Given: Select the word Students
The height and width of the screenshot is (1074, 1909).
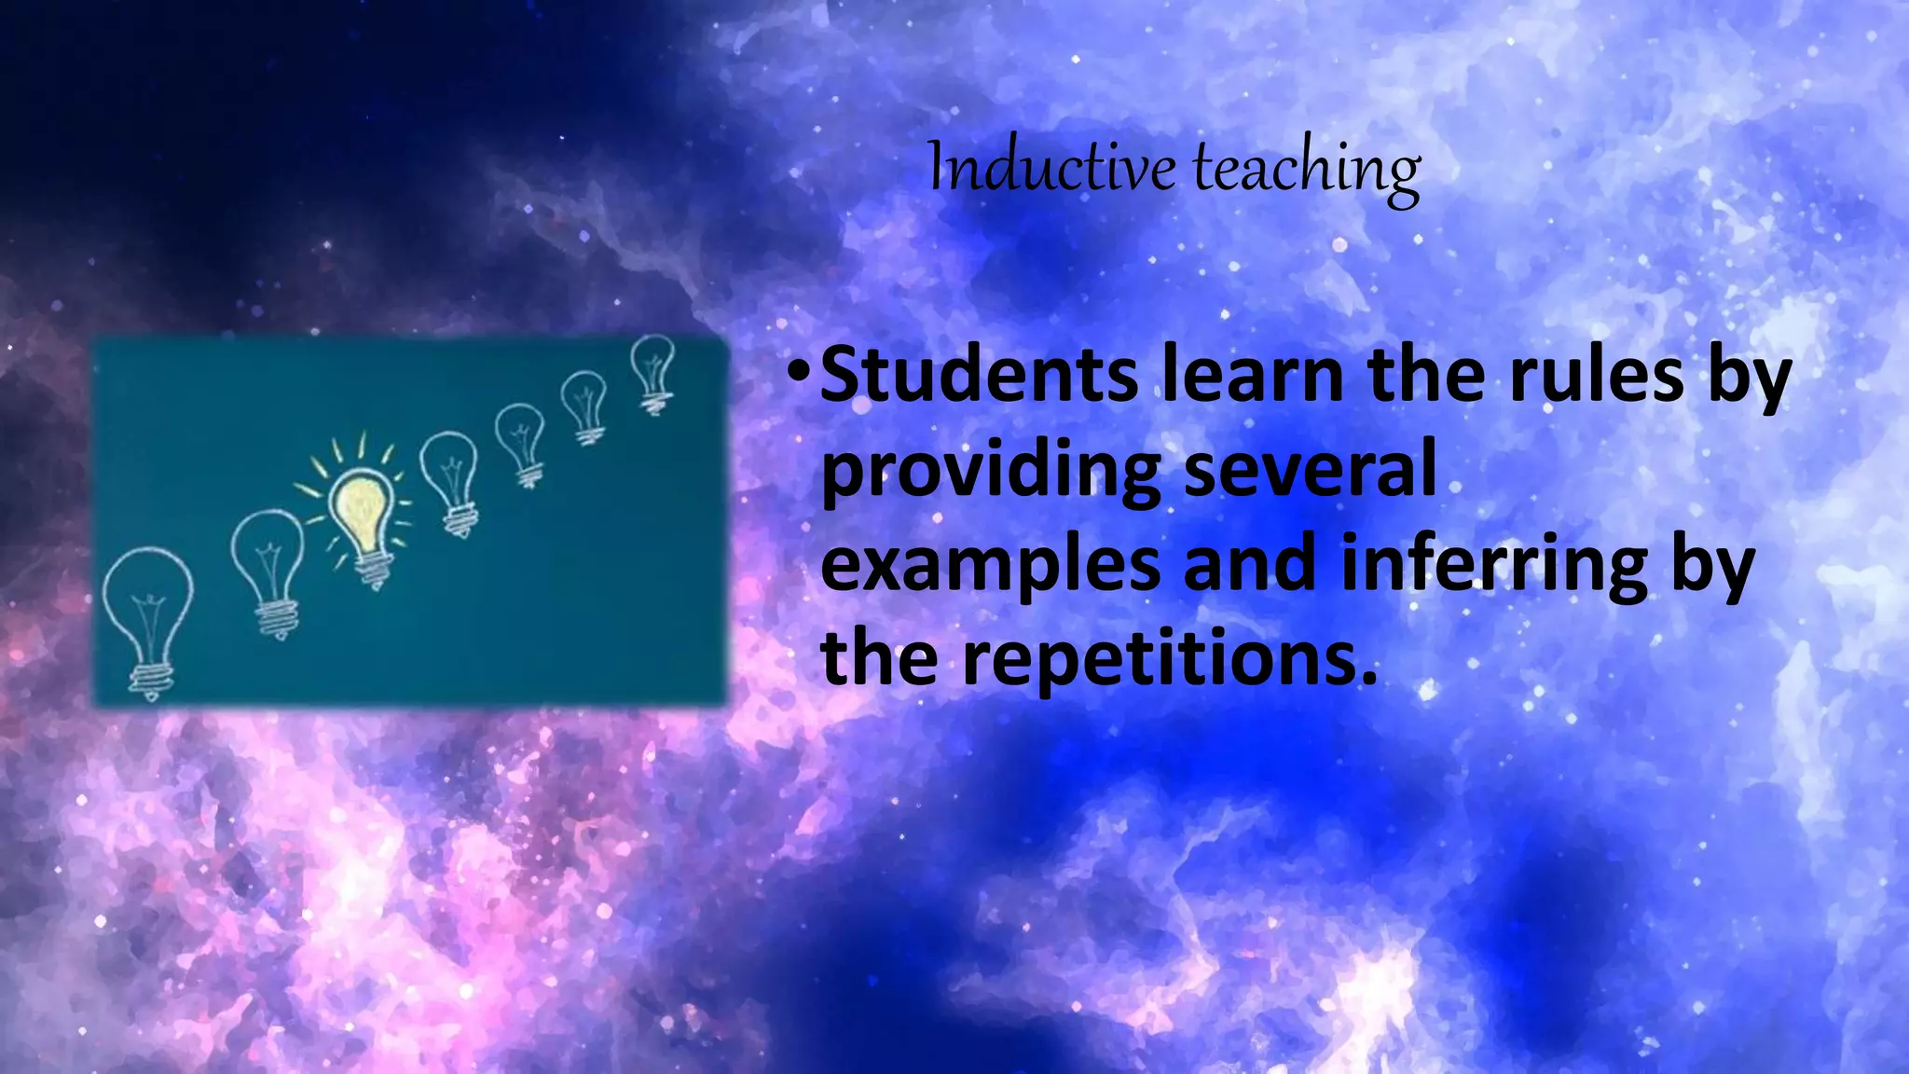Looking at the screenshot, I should pyautogui.click(x=979, y=375).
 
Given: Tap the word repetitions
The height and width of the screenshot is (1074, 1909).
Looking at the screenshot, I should pyautogui.click(x=1169, y=660).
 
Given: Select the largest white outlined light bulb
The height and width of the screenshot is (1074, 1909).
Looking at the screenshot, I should pyautogui.click(x=147, y=597).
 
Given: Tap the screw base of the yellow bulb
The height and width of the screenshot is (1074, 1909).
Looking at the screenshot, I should pyautogui.click(x=373, y=569).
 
